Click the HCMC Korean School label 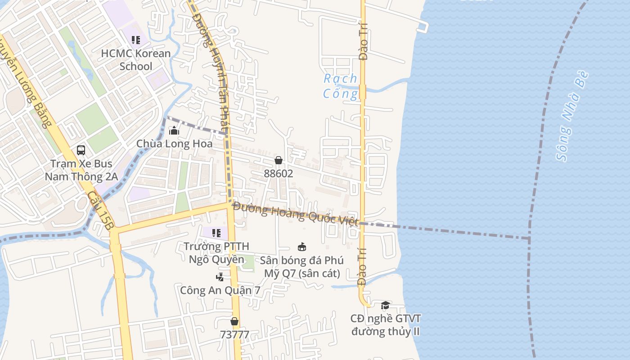(x=135, y=60)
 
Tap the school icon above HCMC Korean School (x=135, y=40)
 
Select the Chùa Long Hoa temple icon (x=174, y=130)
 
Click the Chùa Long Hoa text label (x=174, y=144)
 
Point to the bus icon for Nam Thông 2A (x=81, y=150)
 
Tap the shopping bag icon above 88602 (x=279, y=160)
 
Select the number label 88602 (x=279, y=174)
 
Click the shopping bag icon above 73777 (x=234, y=321)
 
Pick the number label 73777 (x=234, y=335)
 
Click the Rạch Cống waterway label (x=341, y=86)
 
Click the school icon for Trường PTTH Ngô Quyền (x=216, y=233)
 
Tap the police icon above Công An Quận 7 (x=220, y=277)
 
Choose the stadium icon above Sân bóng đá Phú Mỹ (x=302, y=247)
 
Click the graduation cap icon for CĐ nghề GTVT (x=385, y=306)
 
